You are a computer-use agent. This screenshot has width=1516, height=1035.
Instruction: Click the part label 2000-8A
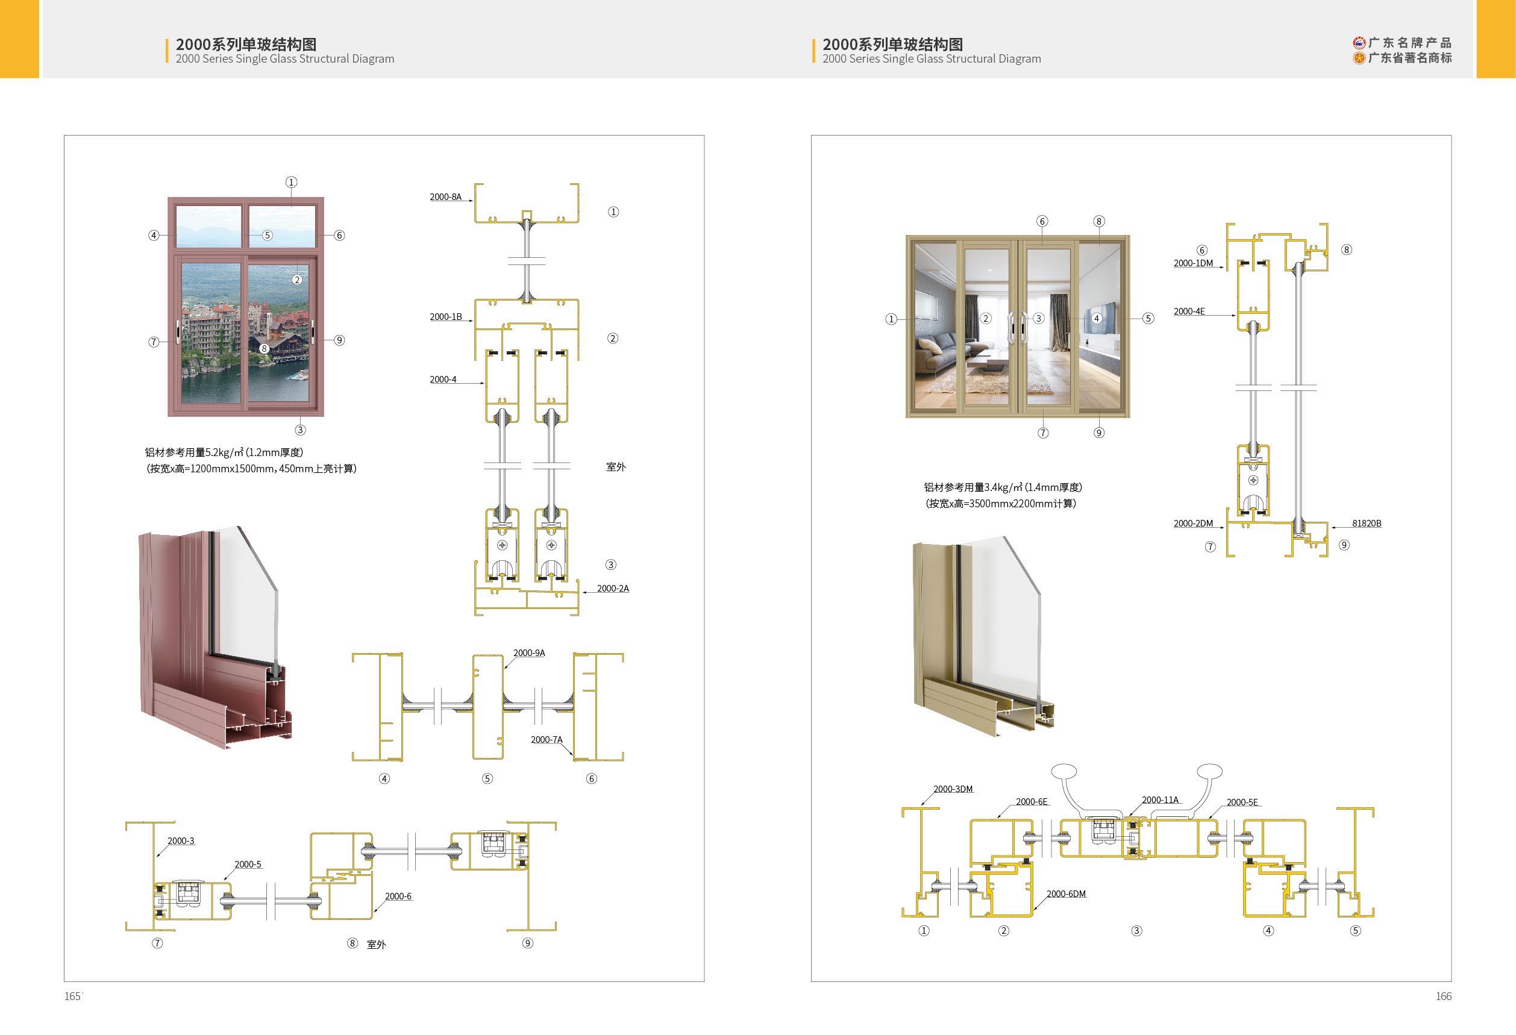point(445,197)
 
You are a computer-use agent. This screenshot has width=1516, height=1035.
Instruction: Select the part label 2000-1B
point(445,317)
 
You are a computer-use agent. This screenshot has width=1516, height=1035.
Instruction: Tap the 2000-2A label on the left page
point(613,588)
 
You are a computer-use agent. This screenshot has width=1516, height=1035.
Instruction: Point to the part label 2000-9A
point(529,653)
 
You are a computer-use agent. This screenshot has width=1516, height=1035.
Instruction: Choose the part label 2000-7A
point(547,740)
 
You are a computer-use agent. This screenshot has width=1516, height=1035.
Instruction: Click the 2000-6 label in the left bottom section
point(398,896)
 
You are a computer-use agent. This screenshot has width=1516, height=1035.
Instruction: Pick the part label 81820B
point(1367,523)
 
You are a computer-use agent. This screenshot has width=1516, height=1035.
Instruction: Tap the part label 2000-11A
point(1160,799)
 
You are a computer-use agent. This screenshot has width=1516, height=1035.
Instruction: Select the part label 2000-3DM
point(953,789)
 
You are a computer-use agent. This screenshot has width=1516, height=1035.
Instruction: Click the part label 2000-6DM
point(1067,893)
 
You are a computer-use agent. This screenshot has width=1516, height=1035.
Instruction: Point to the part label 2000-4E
point(1189,311)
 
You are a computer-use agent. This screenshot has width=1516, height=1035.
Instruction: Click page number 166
point(1444,996)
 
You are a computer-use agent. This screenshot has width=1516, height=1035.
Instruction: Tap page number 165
point(72,996)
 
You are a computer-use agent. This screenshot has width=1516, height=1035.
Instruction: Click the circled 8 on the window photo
point(264,348)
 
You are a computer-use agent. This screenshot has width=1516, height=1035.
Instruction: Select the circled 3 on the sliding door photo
point(1039,318)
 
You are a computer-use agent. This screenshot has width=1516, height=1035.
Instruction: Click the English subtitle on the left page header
point(285,58)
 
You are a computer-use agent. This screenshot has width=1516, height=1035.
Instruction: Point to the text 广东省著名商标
point(1410,58)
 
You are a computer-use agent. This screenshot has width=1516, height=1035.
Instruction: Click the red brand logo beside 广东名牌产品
point(1359,43)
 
